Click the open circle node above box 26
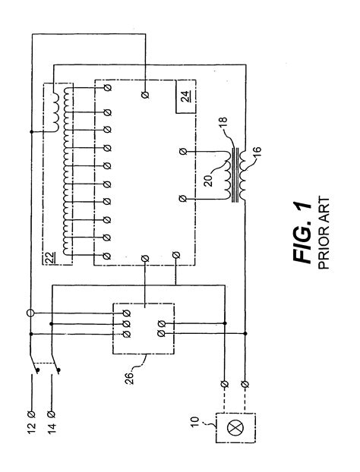[31, 311]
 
